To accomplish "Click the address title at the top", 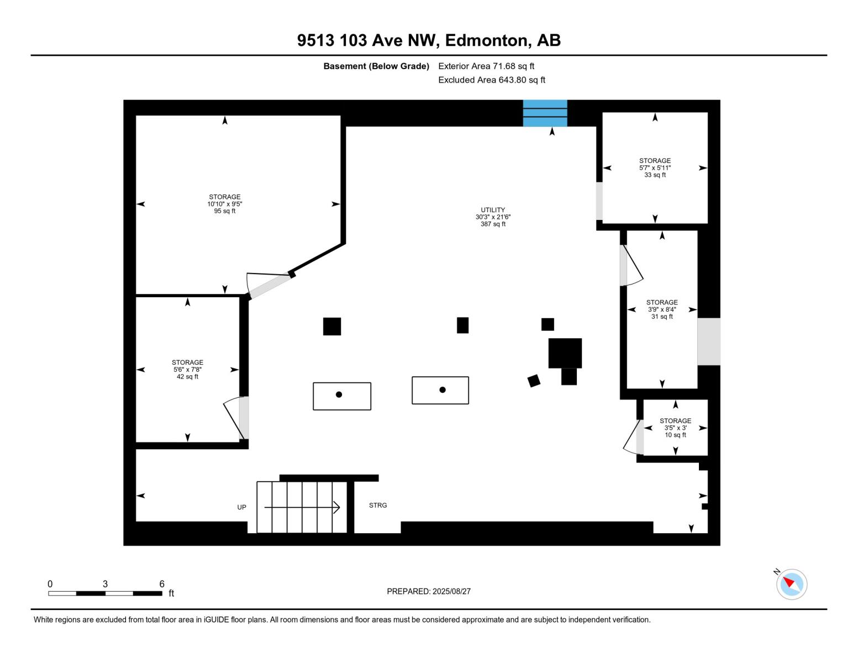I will point(429,40).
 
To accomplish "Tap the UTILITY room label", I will point(493,217).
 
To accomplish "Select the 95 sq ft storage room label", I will point(225,204).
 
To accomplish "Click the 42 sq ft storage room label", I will point(187,370).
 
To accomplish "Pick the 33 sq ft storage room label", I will point(655,168).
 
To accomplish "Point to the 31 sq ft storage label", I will point(662,309).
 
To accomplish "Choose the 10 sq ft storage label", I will point(675,428).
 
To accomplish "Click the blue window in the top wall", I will point(545,113).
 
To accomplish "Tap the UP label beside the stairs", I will point(241,507).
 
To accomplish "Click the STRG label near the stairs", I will point(378,505).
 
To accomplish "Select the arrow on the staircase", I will point(302,507).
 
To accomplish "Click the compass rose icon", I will point(791,584).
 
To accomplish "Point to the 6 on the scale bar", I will point(162,584).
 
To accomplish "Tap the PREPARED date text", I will point(429,591).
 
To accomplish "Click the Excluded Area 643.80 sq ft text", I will point(492,80).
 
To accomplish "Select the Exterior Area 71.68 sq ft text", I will point(486,66).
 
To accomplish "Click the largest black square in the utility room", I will point(565,353).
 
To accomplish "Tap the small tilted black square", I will point(534,381).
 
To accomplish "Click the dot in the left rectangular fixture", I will point(339,394).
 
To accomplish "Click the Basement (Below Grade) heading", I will point(376,66).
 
